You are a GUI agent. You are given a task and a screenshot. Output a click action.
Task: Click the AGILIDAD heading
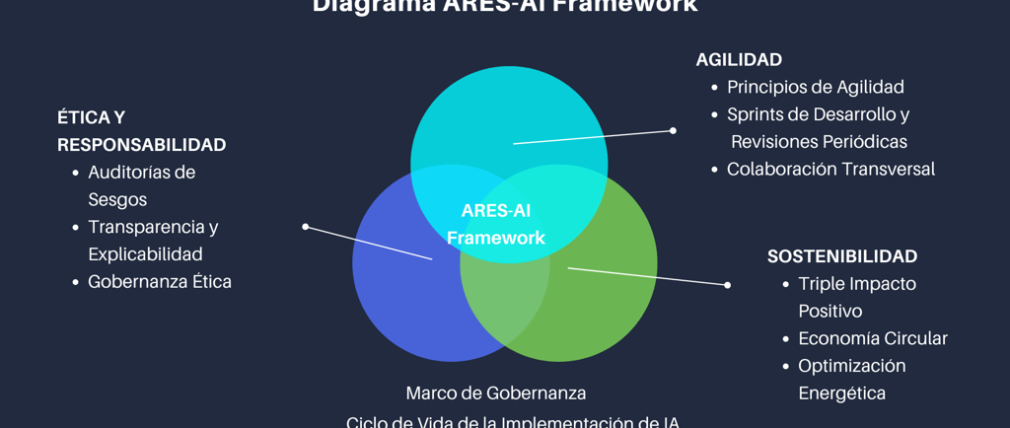pos(739,59)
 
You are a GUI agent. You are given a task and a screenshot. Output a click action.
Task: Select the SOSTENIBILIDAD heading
pos(842,256)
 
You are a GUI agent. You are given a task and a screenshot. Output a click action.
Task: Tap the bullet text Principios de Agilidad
pos(815,87)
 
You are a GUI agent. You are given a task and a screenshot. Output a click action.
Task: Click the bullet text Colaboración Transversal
pos(830,169)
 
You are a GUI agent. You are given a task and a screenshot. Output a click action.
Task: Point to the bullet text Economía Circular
pos(872,338)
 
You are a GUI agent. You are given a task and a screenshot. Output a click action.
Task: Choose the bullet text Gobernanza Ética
pos(160,281)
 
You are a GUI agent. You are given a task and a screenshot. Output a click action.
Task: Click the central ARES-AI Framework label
pos(496,224)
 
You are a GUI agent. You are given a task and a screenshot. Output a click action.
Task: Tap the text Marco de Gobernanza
pos(496,392)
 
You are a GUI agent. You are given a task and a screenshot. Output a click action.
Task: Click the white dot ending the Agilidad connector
pos(673,130)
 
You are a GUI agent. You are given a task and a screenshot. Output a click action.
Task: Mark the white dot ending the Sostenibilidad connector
pos(728,285)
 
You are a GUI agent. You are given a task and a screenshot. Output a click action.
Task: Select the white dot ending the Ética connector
pos(306,227)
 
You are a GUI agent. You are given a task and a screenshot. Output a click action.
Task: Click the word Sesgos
pos(117,199)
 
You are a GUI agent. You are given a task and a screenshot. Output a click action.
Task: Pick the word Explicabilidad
pos(145,254)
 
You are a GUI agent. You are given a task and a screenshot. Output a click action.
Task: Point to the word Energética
pos(841,393)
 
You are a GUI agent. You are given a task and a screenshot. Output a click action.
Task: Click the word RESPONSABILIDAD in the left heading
pos(141,145)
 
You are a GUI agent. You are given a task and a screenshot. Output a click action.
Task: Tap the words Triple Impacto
pos(857,284)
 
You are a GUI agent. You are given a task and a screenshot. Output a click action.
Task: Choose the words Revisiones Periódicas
pos(819,142)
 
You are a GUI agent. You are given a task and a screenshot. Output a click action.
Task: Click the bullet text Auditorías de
pos(141,173)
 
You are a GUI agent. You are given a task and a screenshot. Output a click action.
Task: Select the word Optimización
pos(851,366)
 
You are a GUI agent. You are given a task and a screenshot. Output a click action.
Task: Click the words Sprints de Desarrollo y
pos(818,114)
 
